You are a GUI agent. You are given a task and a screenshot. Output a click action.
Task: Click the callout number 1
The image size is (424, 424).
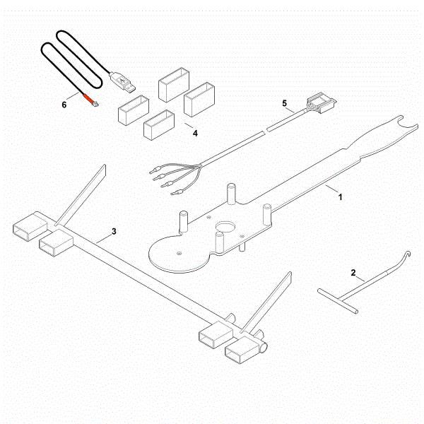[x=340, y=197]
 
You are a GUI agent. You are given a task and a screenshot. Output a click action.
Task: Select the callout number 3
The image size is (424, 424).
[x=113, y=232]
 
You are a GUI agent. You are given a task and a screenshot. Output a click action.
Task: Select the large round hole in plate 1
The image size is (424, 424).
[x=227, y=229]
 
